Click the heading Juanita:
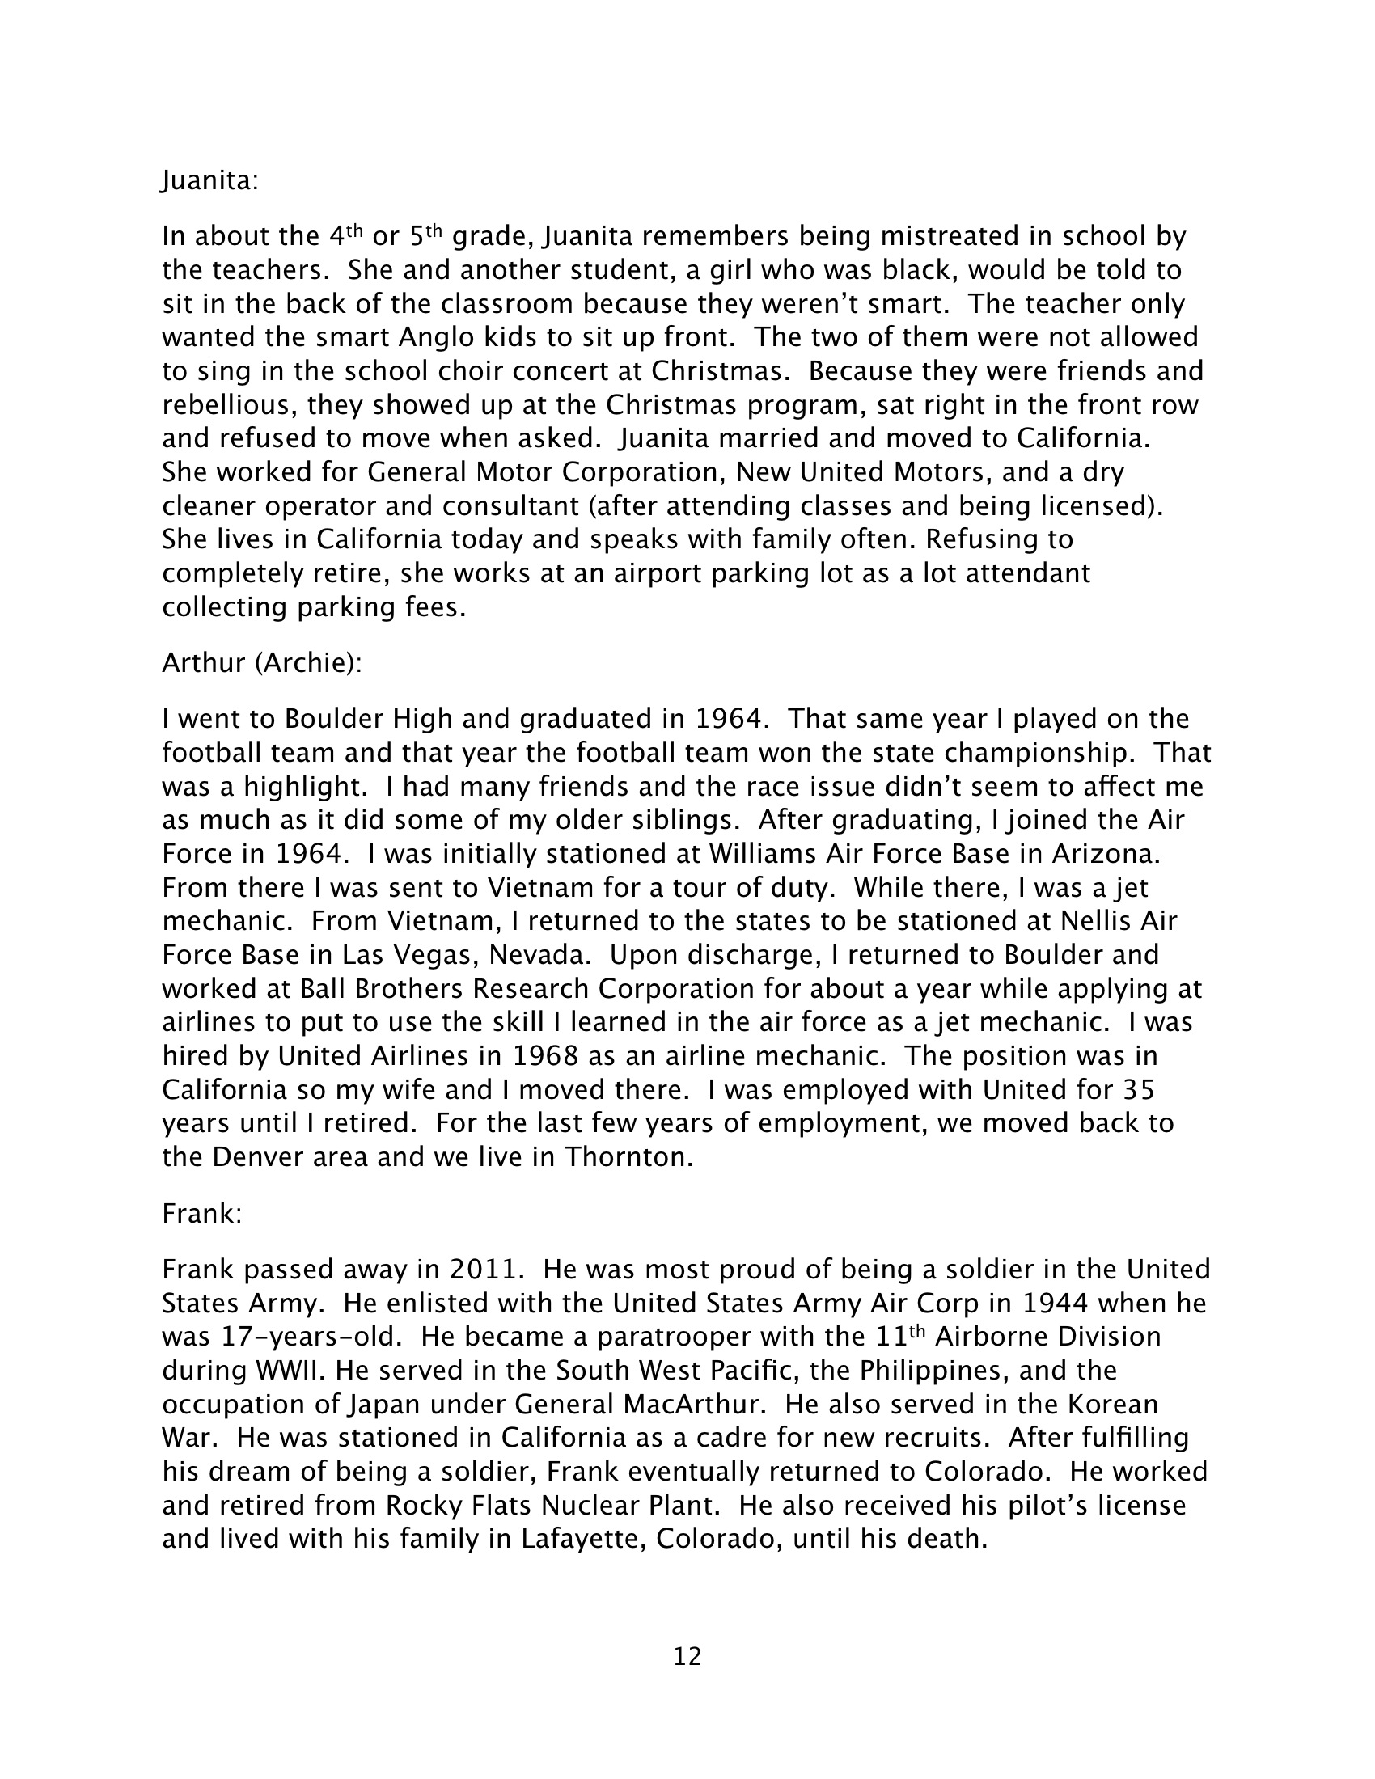point(209,180)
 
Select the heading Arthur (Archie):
point(261,663)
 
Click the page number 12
point(687,1657)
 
